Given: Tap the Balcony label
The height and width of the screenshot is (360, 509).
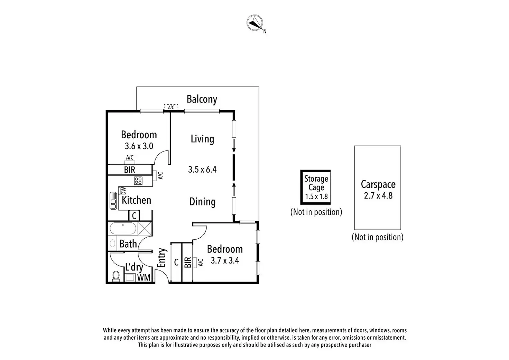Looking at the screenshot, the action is click(x=202, y=99).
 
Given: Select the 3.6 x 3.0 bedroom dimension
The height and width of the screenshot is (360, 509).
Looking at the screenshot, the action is click(x=139, y=146).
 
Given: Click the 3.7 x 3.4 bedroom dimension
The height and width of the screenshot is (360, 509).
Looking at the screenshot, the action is click(x=225, y=260).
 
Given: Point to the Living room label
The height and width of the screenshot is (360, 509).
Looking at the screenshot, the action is click(x=202, y=139).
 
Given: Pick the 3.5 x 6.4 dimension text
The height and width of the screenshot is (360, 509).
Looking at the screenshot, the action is click(x=202, y=169).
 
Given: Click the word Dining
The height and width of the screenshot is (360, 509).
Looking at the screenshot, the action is click(x=202, y=202).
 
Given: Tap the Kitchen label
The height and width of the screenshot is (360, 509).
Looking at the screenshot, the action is click(x=136, y=200).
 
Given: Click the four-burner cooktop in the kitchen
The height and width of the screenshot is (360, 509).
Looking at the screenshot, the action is click(x=138, y=180).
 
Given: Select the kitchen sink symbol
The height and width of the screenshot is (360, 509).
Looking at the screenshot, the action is click(x=113, y=201).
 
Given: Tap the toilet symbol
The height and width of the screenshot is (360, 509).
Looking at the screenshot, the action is click(x=116, y=276).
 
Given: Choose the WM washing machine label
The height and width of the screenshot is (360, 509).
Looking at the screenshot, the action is click(x=144, y=277).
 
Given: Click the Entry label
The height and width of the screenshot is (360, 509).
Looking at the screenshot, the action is click(x=161, y=258).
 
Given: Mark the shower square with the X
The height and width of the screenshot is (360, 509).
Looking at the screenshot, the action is click(x=145, y=229).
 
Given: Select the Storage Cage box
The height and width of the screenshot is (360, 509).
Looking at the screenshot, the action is click(x=316, y=187).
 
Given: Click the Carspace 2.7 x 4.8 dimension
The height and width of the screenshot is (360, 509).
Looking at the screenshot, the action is click(x=378, y=196).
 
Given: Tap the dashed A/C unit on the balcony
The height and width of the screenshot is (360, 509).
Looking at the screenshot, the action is click(x=171, y=107).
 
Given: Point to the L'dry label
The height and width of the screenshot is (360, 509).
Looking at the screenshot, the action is click(x=134, y=267).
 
